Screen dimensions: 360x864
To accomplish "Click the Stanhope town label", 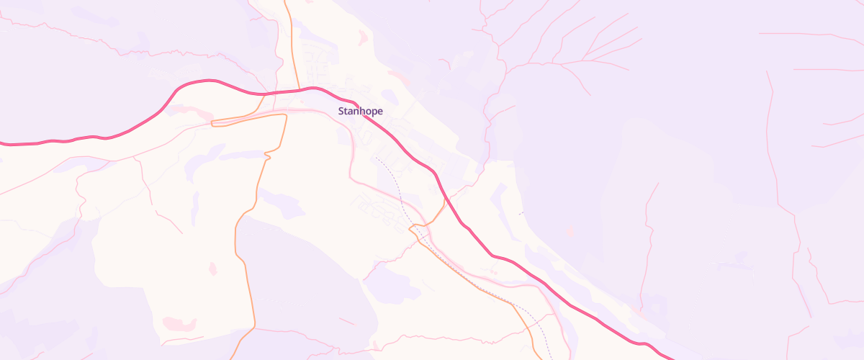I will pos(360,111).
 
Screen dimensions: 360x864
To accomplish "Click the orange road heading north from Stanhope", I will pos(291,43).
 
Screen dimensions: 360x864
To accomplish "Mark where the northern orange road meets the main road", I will pos(298,91).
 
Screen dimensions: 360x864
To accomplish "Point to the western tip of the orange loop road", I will pos(212,123).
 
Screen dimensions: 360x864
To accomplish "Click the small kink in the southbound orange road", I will pos(267,155).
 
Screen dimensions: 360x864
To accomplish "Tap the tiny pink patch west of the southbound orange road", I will pos(212,269).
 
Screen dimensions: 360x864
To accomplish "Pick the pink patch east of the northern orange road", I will pos(363,37).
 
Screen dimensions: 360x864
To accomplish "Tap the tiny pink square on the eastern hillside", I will pos(570,231).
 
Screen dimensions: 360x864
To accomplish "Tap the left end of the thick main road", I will pos(3,143).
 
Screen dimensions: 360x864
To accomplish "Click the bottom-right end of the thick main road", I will pos(670,357).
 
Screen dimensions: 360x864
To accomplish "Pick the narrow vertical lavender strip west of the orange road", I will pos(195,209).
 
